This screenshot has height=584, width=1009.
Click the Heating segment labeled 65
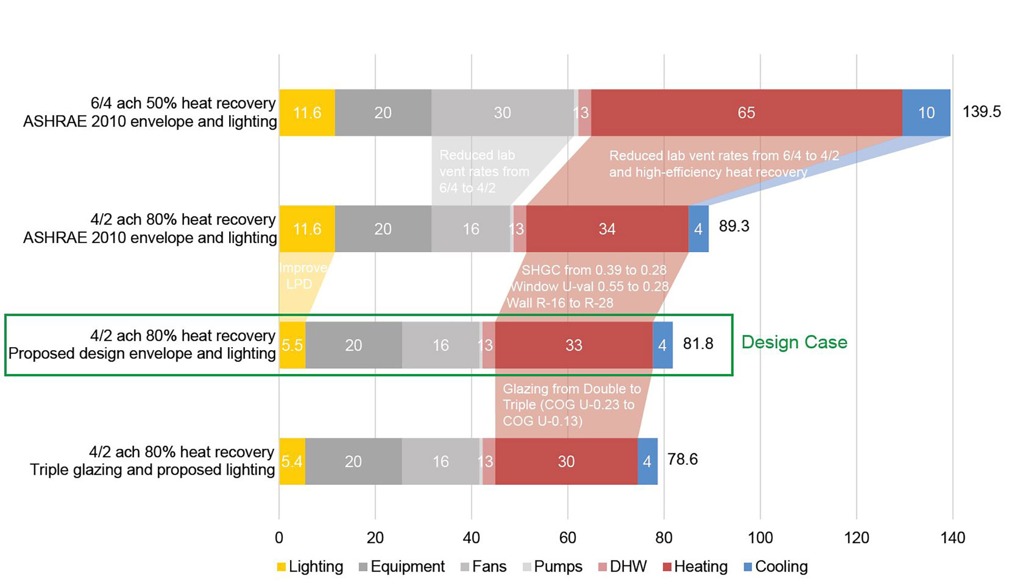746,113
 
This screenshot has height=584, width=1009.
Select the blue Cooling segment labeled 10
926,113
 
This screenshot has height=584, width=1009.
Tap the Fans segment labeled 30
502,113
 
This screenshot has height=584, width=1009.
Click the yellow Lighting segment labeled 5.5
292,345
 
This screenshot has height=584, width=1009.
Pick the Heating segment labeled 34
607,229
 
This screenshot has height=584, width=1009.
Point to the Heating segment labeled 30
566,461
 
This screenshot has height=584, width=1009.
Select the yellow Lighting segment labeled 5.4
292,461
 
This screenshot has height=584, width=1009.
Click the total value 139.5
981,112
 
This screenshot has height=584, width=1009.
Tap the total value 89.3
734,226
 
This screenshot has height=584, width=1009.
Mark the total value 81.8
698,343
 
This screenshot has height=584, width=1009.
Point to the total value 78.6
682,460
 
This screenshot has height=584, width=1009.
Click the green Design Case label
794,342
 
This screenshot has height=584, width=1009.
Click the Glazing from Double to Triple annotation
571,404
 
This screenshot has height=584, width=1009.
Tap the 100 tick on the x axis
760,538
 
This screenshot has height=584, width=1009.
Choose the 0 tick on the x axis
279,538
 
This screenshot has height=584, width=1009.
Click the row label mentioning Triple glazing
152,461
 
